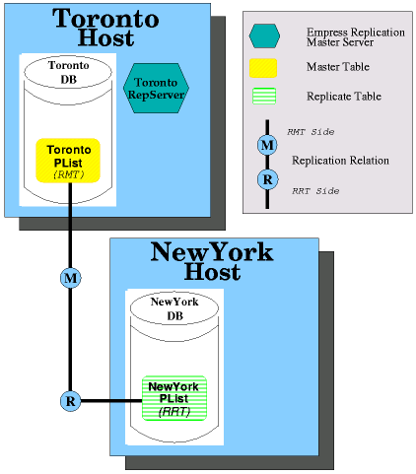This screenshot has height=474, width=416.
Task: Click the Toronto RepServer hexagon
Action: point(156,88)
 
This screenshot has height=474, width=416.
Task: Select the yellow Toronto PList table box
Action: point(68,161)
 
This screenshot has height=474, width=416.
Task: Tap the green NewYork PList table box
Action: point(174,398)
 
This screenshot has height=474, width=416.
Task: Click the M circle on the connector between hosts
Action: point(71,278)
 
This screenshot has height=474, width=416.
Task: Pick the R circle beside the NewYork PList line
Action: point(71,401)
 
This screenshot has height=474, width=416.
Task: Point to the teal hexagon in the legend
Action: point(264,36)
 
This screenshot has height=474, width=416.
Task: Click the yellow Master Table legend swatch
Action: point(263,68)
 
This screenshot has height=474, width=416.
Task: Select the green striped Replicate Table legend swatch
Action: point(264,97)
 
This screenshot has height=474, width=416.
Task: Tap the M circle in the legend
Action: point(267,145)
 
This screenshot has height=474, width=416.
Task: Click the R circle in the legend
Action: point(267,179)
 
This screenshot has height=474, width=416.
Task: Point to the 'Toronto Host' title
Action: point(105,28)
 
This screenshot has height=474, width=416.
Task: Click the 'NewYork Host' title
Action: point(212,261)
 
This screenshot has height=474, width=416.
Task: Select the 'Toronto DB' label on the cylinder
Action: point(69,72)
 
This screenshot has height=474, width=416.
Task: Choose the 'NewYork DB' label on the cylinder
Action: point(174,308)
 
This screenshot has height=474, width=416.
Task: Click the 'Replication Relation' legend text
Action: point(340,161)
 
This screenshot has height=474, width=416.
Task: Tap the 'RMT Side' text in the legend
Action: point(311,132)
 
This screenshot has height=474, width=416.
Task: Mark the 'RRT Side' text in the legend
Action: point(315,191)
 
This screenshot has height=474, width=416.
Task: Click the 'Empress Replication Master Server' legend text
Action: point(356,37)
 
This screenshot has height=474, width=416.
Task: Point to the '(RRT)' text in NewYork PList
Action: point(174,412)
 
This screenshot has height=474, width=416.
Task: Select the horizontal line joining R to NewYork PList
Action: point(111,401)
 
